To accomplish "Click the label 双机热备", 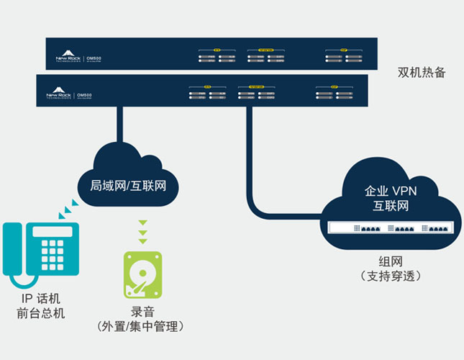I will (422, 73).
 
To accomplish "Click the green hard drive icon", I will (143, 275).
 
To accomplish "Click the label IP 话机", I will (40, 299).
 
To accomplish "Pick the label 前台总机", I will (40, 314).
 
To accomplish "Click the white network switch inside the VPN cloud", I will (391, 228).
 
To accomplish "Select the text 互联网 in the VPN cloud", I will (390, 207).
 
